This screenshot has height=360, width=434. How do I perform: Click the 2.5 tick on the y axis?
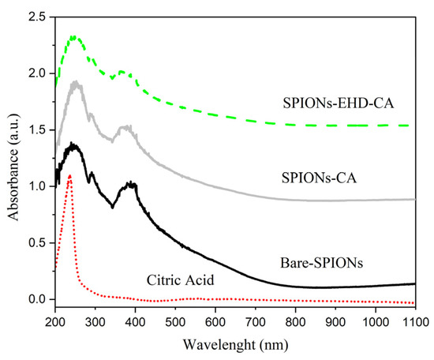pyautogui.click(x=38, y=17)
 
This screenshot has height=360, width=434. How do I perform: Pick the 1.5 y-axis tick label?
pyautogui.click(x=38, y=129)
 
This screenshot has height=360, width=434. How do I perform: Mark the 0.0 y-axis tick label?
pyautogui.click(x=38, y=299)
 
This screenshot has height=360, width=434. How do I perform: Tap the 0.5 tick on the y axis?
pyautogui.click(x=38, y=242)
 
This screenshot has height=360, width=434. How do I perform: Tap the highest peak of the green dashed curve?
pyautogui.click(x=73, y=36)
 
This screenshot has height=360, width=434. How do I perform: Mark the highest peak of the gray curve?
pyautogui.click(x=76, y=81)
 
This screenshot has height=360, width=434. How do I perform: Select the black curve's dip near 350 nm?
pyautogui.click(x=114, y=207)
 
